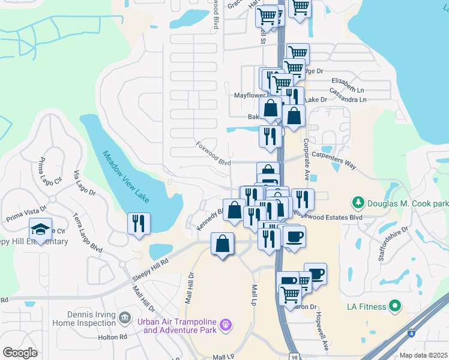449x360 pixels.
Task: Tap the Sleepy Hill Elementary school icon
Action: click(x=40, y=229)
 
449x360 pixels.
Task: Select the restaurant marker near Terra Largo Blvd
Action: click(x=139, y=223)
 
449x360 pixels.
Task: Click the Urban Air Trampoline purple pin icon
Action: click(x=226, y=325)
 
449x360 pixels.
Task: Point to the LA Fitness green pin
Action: click(x=394, y=307)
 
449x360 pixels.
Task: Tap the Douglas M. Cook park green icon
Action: click(x=358, y=203)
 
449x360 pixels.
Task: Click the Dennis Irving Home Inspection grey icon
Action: click(x=125, y=316)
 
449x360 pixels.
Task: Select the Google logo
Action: click(x=20, y=353)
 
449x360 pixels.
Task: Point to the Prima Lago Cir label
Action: click(x=50, y=170)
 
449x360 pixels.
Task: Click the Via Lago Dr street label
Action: click(x=84, y=184)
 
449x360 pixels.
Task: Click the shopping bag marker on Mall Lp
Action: click(x=222, y=244)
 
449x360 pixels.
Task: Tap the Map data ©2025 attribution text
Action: click(x=423, y=355)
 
